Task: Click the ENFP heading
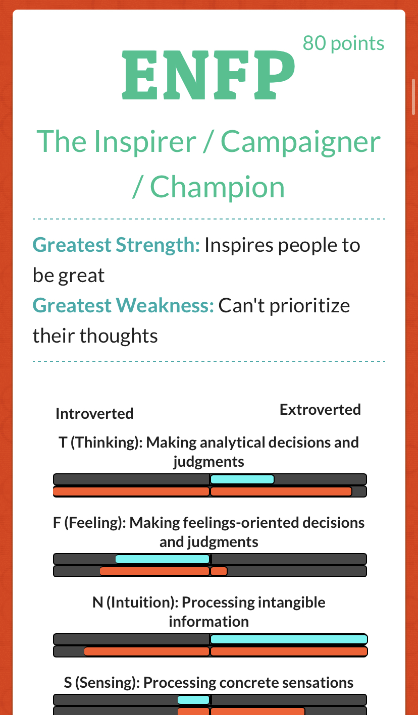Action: click(x=208, y=75)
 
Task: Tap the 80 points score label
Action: click(x=343, y=43)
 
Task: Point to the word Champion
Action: click(x=217, y=187)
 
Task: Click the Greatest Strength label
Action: click(x=116, y=245)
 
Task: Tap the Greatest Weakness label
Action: click(x=123, y=305)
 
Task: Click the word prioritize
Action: click(x=309, y=306)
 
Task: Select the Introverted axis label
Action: click(x=94, y=414)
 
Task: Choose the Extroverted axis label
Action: click(x=320, y=410)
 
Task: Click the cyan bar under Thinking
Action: click(x=242, y=479)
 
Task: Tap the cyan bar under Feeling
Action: click(x=162, y=559)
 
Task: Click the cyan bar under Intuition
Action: click(x=289, y=639)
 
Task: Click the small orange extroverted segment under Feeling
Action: click(x=219, y=571)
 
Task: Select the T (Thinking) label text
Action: click(x=100, y=443)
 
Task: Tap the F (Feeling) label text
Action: click(x=89, y=523)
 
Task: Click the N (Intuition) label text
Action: click(x=135, y=602)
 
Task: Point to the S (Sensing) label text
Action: click(x=102, y=682)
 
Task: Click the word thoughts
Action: click(x=119, y=336)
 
